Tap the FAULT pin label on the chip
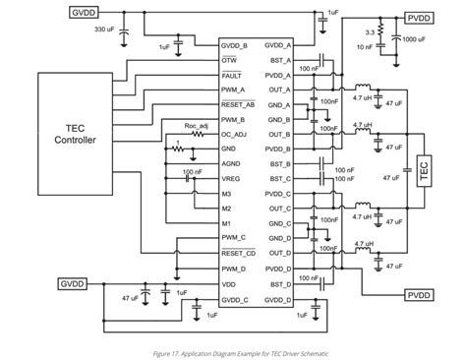coord(233,74)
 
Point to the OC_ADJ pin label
coord(235,133)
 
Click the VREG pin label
coord(232,178)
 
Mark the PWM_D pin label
coord(235,267)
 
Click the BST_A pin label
coord(279,60)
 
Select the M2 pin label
coord(227,208)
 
